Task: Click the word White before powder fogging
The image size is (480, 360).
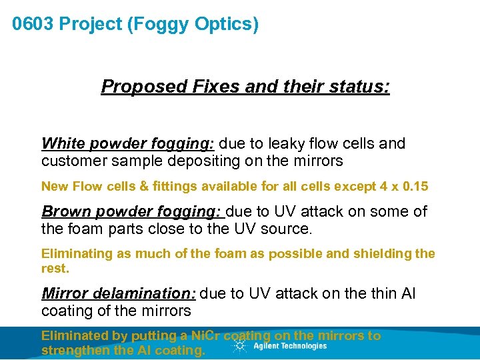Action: coord(63,144)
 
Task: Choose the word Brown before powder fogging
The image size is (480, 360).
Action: coord(64,212)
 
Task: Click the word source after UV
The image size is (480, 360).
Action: coord(291,229)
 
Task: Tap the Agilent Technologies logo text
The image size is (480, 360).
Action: coord(290,346)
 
